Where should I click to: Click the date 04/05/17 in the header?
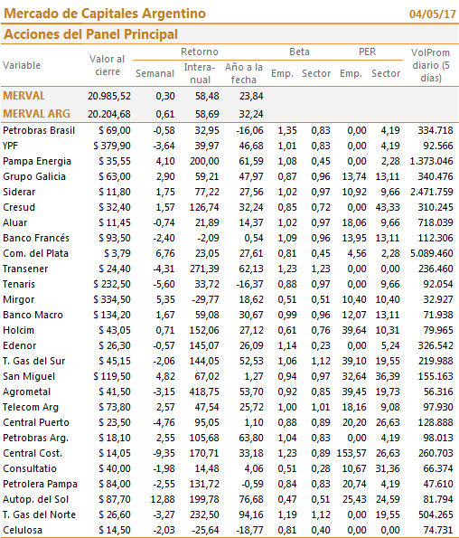point(432,14)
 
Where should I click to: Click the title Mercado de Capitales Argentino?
point(105,14)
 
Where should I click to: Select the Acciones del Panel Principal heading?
point(90,34)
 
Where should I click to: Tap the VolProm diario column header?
point(431,65)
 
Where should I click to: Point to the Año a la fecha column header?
point(244,73)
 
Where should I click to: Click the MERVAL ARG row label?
point(36,114)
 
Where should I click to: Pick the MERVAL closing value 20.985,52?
point(109,96)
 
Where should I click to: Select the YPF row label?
point(10,146)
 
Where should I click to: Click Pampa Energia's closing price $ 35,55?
point(115,161)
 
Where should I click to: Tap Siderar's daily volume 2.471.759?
point(432,192)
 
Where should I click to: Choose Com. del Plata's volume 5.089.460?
point(432,253)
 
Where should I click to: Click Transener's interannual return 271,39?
point(204,269)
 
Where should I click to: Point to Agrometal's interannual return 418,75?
point(204,392)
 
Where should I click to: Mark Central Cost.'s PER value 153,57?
point(351,453)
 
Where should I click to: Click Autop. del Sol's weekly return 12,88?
point(163,499)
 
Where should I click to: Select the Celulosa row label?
point(23,530)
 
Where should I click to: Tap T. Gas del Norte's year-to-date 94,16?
point(251,514)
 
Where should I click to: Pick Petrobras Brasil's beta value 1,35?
point(287,130)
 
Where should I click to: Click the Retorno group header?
point(200,52)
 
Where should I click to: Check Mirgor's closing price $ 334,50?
point(112,299)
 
